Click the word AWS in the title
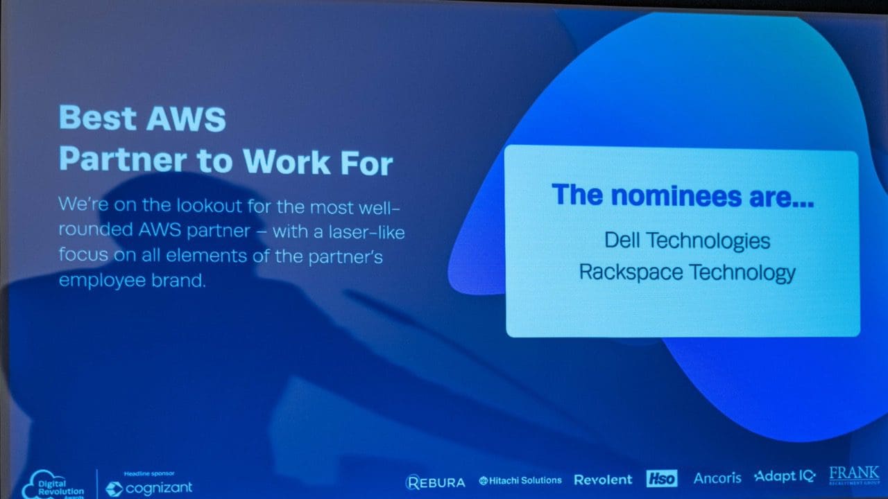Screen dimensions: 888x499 click(x=186, y=119)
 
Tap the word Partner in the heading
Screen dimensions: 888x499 click(x=123, y=159)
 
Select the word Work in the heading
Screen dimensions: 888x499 click(x=287, y=161)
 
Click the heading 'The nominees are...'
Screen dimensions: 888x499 click(x=683, y=195)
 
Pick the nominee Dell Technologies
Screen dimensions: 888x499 click(x=687, y=240)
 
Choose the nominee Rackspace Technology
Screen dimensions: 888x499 click(x=687, y=272)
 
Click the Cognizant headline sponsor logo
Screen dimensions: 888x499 click(x=149, y=488)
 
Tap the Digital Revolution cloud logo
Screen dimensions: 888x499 click(x=53, y=484)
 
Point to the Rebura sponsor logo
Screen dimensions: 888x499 click(x=435, y=482)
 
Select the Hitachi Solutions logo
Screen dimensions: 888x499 click(x=520, y=481)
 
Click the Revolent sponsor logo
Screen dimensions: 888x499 click(x=603, y=480)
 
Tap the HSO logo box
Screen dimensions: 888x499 click(x=662, y=478)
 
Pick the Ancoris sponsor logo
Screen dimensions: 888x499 click(x=717, y=478)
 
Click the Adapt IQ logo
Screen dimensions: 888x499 click(x=785, y=476)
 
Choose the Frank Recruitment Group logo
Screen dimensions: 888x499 click(x=854, y=475)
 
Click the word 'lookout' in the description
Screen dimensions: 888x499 click(x=210, y=206)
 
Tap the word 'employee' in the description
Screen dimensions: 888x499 click(x=102, y=281)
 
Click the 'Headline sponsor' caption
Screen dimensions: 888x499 click(x=149, y=473)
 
